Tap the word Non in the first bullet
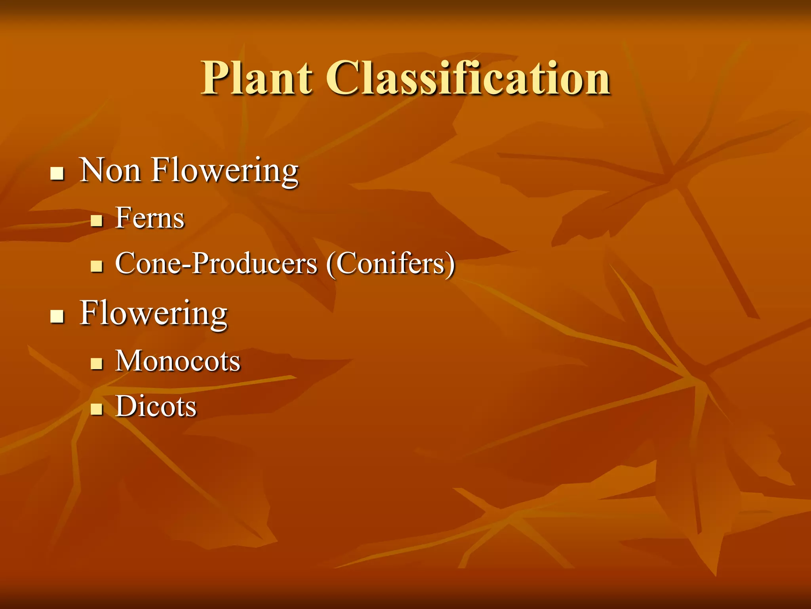[110, 170]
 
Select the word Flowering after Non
[225, 171]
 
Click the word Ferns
[150, 218]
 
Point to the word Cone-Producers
[216, 263]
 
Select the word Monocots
[178, 361]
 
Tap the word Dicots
[156, 406]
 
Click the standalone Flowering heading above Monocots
[154, 314]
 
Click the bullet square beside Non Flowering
[57, 174]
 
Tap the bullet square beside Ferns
[96, 220]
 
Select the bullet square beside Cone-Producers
[96, 266]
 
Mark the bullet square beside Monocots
[96, 364]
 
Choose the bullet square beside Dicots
[96, 409]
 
